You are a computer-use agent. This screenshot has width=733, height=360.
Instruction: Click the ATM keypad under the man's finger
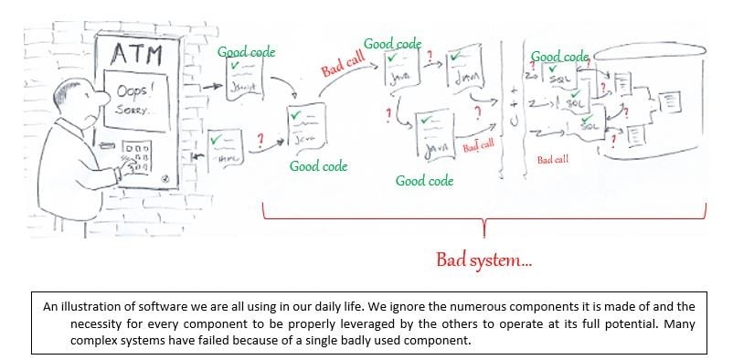click(137, 158)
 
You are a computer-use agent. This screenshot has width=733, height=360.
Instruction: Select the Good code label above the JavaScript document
click(246, 52)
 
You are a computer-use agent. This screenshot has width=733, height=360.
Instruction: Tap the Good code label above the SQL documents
click(559, 57)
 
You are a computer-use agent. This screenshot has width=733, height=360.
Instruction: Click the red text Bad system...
click(483, 260)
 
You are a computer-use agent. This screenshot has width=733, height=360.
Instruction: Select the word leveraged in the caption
click(328, 323)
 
